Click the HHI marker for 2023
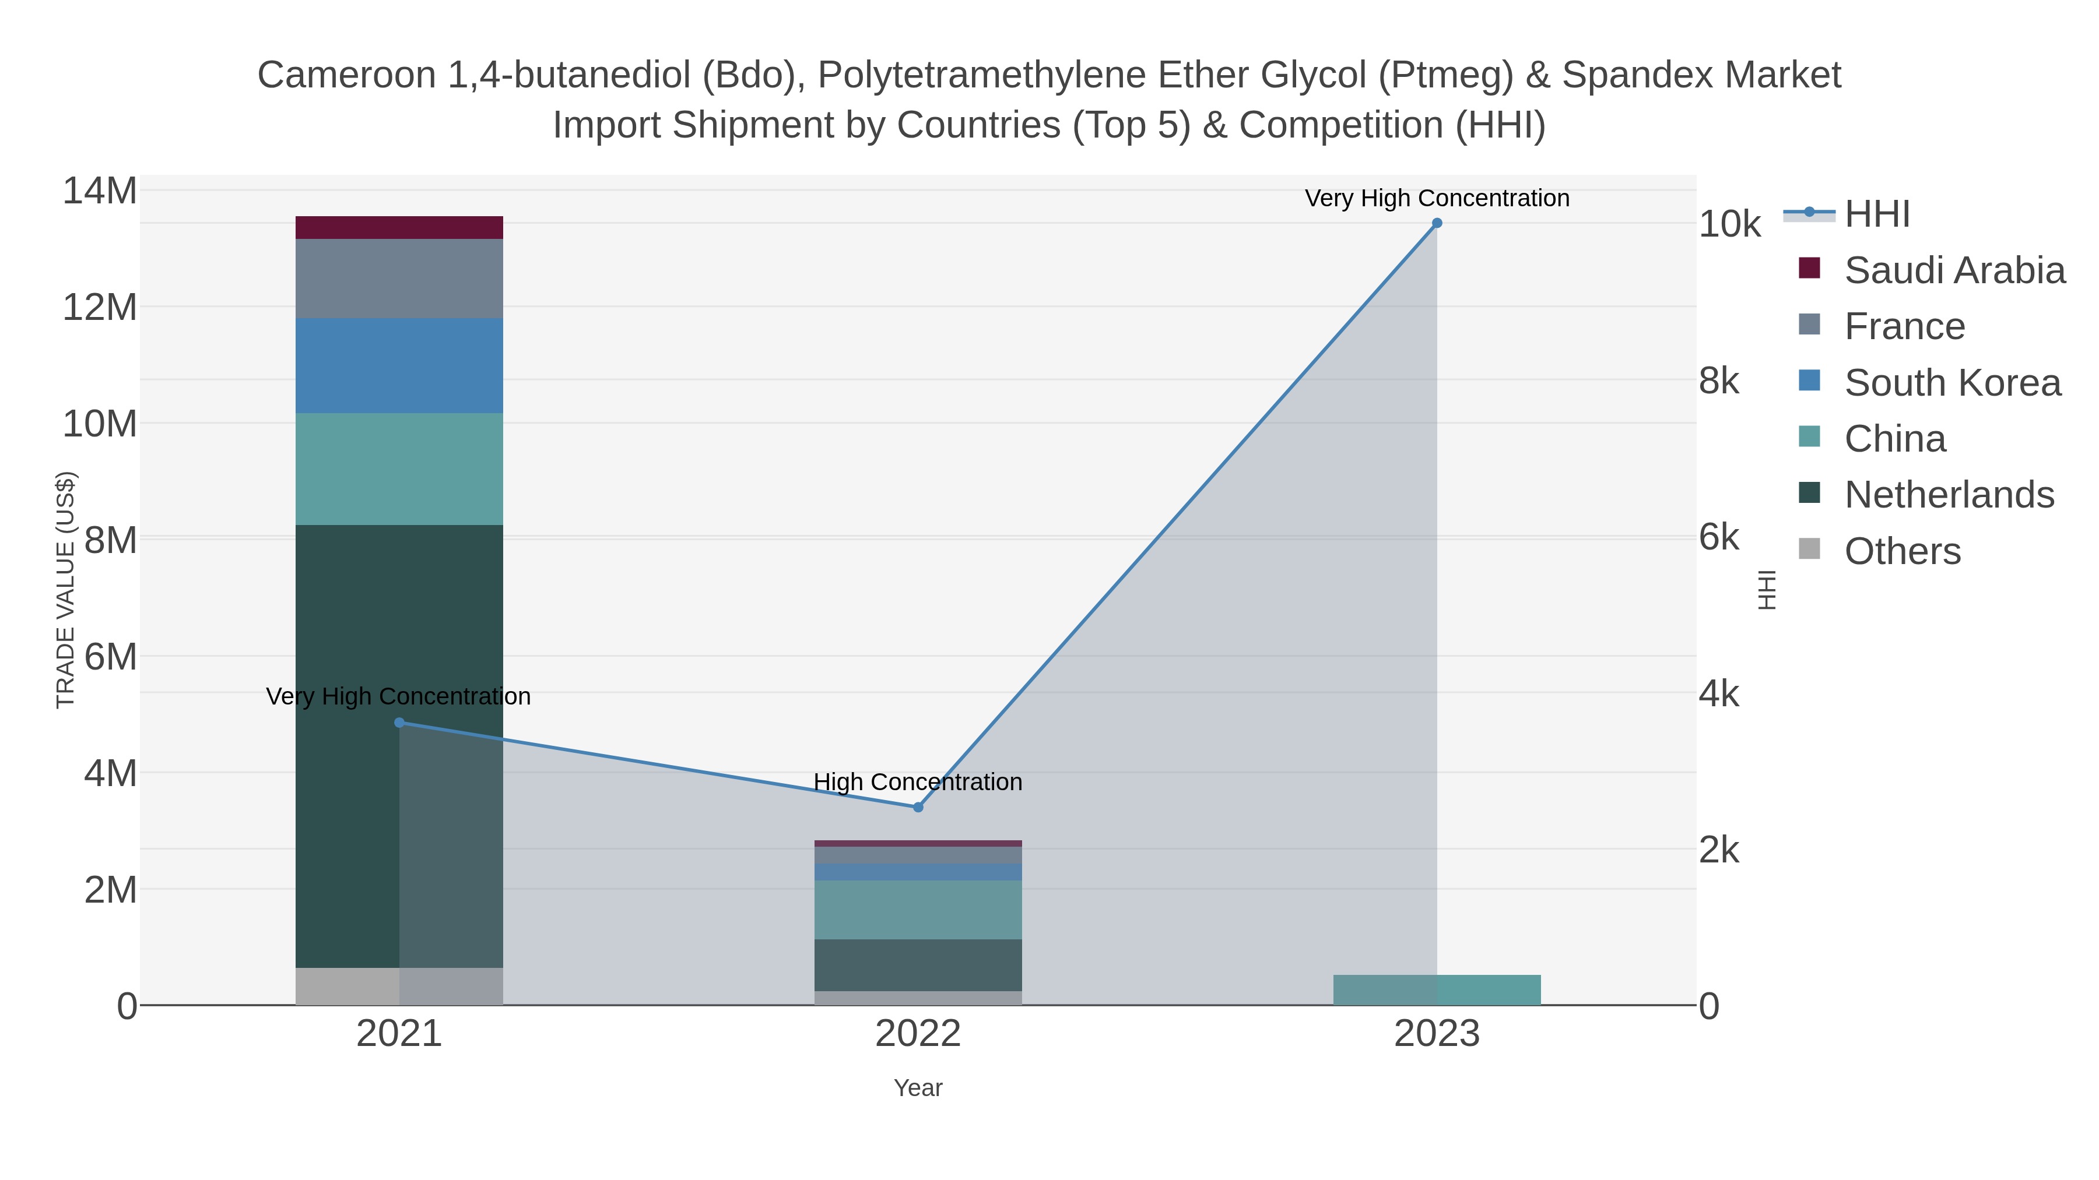1437,223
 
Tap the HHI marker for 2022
918,807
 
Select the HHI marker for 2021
399,723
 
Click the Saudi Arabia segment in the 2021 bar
399,227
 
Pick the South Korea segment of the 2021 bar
399,365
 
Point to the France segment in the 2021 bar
399,279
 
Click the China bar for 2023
1437,989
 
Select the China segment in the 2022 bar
918,910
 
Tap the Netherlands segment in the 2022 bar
918,965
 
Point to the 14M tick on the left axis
99,191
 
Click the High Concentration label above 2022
918,782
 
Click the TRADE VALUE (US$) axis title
65,590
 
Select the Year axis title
918,1088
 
